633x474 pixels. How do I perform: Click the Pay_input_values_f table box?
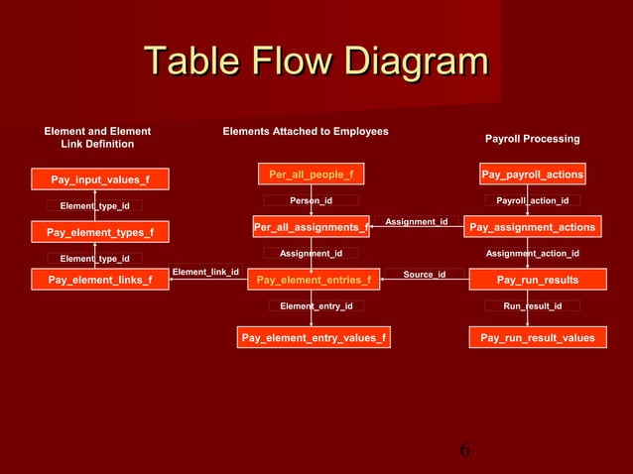[100, 179]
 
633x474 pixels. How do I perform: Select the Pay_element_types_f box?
[100, 233]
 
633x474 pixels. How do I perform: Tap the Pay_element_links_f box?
[100, 280]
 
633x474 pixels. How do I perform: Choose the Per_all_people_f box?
[312, 175]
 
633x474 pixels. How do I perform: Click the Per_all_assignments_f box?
[312, 228]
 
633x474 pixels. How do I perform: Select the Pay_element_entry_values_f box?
[314, 339]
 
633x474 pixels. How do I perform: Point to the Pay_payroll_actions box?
[533, 175]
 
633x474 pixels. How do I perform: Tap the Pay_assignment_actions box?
[533, 228]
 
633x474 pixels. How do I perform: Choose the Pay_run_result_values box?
[537, 339]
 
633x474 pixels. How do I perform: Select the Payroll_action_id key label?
[533, 200]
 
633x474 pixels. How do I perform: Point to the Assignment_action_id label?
[533, 254]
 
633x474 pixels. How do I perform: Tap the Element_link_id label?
[205, 271]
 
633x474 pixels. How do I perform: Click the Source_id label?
[425, 274]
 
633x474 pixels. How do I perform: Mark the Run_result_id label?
[533, 306]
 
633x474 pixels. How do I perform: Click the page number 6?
[464, 452]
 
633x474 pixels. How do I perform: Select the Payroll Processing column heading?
[532, 139]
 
